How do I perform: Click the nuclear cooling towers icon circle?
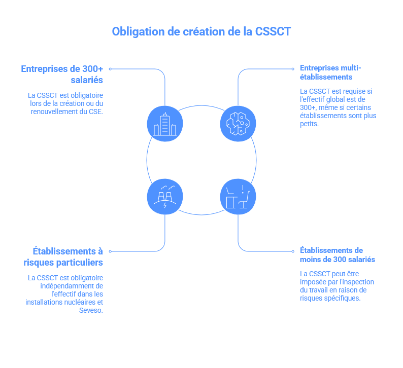click(165, 196)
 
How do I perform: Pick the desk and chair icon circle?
click(238, 196)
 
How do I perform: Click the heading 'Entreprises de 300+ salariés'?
click(62, 74)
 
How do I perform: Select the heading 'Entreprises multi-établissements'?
click(330, 72)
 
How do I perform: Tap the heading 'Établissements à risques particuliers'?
click(63, 256)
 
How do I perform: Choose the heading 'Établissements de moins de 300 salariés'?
click(338, 254)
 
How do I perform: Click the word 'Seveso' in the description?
click(90, 310)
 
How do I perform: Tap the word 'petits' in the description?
click(309, 124)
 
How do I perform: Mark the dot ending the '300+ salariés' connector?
click(110, 68)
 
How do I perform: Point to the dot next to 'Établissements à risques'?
click(110, 251)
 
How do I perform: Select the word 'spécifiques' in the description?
click(341, 298)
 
